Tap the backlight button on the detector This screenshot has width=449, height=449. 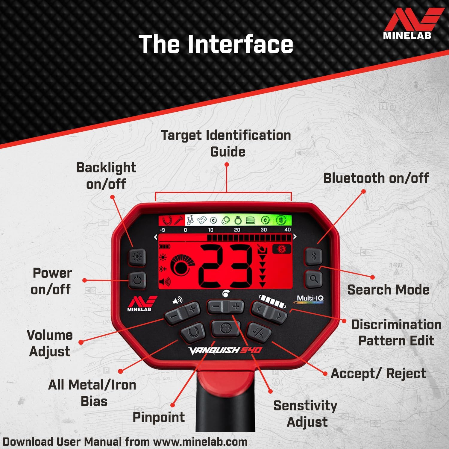coord(137,257)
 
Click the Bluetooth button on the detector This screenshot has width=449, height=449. coord(313,256)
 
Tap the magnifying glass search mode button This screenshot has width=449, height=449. coord(313,279)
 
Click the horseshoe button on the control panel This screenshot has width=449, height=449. coord(193,332)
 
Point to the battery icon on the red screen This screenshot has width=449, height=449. coord(164,247)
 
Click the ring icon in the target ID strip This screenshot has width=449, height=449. coord(238,221)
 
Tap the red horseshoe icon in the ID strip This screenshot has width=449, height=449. coord(167,221)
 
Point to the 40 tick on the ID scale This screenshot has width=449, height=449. coord(287,230)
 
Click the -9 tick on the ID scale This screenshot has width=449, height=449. coord(162,230)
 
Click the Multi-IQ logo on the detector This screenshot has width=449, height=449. coord(310,299)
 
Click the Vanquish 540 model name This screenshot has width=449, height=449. coord(225,350)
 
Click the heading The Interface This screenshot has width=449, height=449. coord(216,44)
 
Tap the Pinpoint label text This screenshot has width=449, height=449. coord(158,417)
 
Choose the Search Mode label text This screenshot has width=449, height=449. coord(388,289)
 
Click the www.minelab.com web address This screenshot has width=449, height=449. coord(200,442)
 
